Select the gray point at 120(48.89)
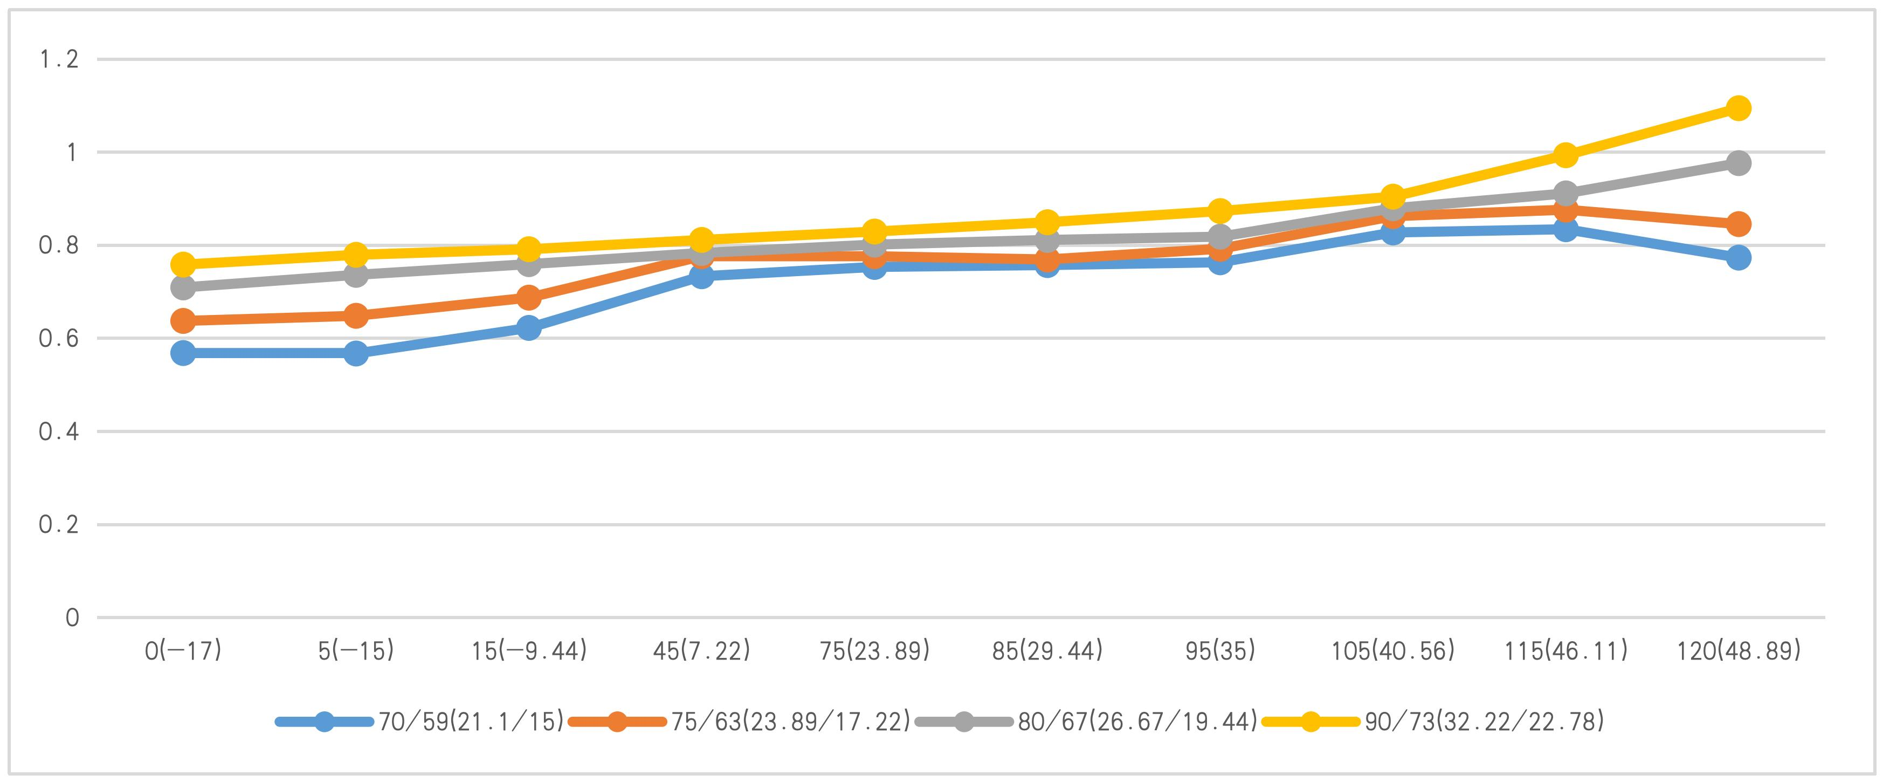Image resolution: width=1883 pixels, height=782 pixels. coord(1739,162)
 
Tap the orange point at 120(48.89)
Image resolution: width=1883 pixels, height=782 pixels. coord(1739,224)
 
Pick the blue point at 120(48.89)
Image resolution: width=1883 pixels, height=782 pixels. coord(1739,257)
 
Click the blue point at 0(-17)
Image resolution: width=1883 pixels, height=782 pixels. coord(183,353)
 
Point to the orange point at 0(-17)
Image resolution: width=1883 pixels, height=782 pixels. coord(183,320)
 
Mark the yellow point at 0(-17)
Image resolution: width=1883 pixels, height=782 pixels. coord(183,263)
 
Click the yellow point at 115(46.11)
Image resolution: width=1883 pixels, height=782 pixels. coord(1565,154)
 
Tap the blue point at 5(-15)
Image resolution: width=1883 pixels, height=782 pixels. coord(356,353)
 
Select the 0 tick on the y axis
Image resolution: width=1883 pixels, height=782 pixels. coord(72,618)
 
